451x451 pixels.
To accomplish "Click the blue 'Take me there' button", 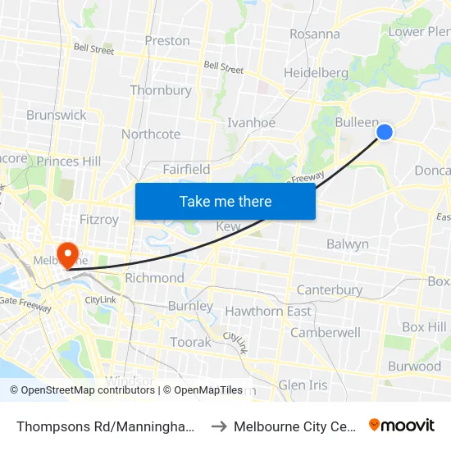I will (x=225, y=201).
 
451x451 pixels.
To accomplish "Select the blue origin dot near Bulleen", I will (x=384, y=132).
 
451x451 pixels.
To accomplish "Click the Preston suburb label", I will (x=167, y=41).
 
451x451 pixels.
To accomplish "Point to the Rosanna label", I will (x=315, y=34).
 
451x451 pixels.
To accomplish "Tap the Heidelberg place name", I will (x=316, y=73).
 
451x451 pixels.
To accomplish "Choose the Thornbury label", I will (x=161, y=90).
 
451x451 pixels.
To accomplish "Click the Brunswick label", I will (x=57, y=115).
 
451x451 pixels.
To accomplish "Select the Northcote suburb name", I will (x=151, y=134).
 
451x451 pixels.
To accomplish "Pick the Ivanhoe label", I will (x=251, y=123).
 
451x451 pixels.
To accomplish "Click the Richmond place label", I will (x=155, y=278).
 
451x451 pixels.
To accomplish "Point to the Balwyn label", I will (x=348, y=244).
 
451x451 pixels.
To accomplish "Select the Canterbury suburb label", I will (x=330, y=290).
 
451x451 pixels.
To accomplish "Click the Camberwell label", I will (x=326, y=333).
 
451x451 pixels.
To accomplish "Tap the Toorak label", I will (x=190, y=342).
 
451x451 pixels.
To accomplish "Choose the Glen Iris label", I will (x=303, y=385).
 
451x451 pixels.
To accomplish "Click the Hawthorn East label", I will (x=268, y=312).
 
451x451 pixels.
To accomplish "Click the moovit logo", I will (x=402, y=426).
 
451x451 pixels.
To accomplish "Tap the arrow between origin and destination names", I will (x=219, y=426).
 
